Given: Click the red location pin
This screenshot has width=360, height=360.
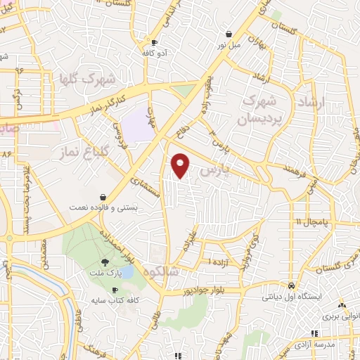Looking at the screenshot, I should click(181, 165).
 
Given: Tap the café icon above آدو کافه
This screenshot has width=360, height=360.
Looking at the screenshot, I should click(154, 42).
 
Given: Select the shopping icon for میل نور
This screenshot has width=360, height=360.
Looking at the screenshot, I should click(229, 34).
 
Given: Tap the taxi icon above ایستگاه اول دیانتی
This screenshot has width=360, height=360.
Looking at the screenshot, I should click(291, 286).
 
